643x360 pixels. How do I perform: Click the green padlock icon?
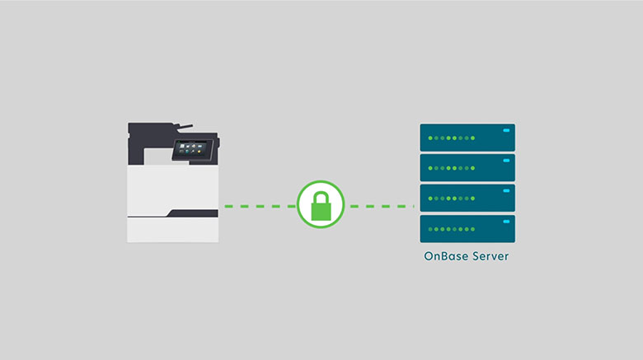pyautogui.click(x=321, y=205)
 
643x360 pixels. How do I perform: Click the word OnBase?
pyautogui.click(x=445, y=256)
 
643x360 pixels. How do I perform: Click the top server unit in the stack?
pyautogui.click(x=467, y=137)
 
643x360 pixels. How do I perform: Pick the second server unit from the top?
pyautogui.click(x=467, y=167)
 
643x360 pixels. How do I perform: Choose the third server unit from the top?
pyautogui.click(x=467, y=198)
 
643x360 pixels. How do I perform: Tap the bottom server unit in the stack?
pyautogui.click(x=467, y=228)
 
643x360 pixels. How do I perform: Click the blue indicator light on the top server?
pyautogui.click(x=505, y=129)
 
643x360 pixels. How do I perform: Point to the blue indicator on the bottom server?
pyautogui.click(x=505, y=221)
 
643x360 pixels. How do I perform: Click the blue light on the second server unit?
pyautogui.click(x=505, y=160)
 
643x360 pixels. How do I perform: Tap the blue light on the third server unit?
pyautogui.click(x=505, y=190)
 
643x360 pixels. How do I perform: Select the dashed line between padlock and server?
pyautogui.click(x=381, y=206)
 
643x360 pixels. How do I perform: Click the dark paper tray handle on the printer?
pyautogui.click(x=193, y=213)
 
